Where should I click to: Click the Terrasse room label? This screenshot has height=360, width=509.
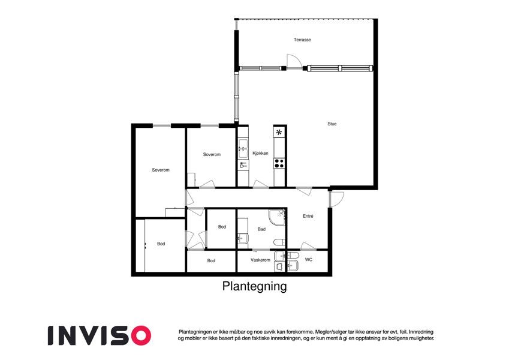pyautogui.click(x=302, y=40)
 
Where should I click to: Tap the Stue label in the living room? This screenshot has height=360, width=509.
pyautogui.click(x=332, y=124)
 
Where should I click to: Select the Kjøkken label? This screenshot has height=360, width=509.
pyautogui.click(x=260, y=153)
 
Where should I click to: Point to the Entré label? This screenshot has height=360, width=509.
pyautogui.click(x=308, y=216)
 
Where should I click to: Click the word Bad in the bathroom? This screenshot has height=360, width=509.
pyautogui.click(x=261, y=229)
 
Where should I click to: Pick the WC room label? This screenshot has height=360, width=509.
pyautogui.click(x=309, y=260)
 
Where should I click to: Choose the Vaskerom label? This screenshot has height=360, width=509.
pyautogui.click(x=260, y=260)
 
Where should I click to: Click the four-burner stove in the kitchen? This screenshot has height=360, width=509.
pyautogui.click(x=279, y=163)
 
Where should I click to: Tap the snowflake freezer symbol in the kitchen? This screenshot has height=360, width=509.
pyautogui.click(x=279, y=133)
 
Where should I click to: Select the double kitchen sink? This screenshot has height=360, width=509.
pyautogui.click(x=243, y=149)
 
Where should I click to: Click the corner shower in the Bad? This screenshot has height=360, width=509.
pyautogui.click(x=277, y=217)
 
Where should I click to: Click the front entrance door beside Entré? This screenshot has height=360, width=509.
pyautogui.click(x=336, y=199)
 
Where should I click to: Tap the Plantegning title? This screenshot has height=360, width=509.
pyautogui.click(x=254, y=286)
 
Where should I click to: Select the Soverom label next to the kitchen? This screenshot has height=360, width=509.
pyautogui.click(x=212, y=154)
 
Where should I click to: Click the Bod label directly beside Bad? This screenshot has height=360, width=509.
pyautogui.click(x=222, y=227)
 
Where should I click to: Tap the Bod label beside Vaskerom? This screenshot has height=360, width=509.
pyautogui.click(x=211, y=260)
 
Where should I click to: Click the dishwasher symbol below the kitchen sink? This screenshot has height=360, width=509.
pyautogui.click(x=243, y=166)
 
